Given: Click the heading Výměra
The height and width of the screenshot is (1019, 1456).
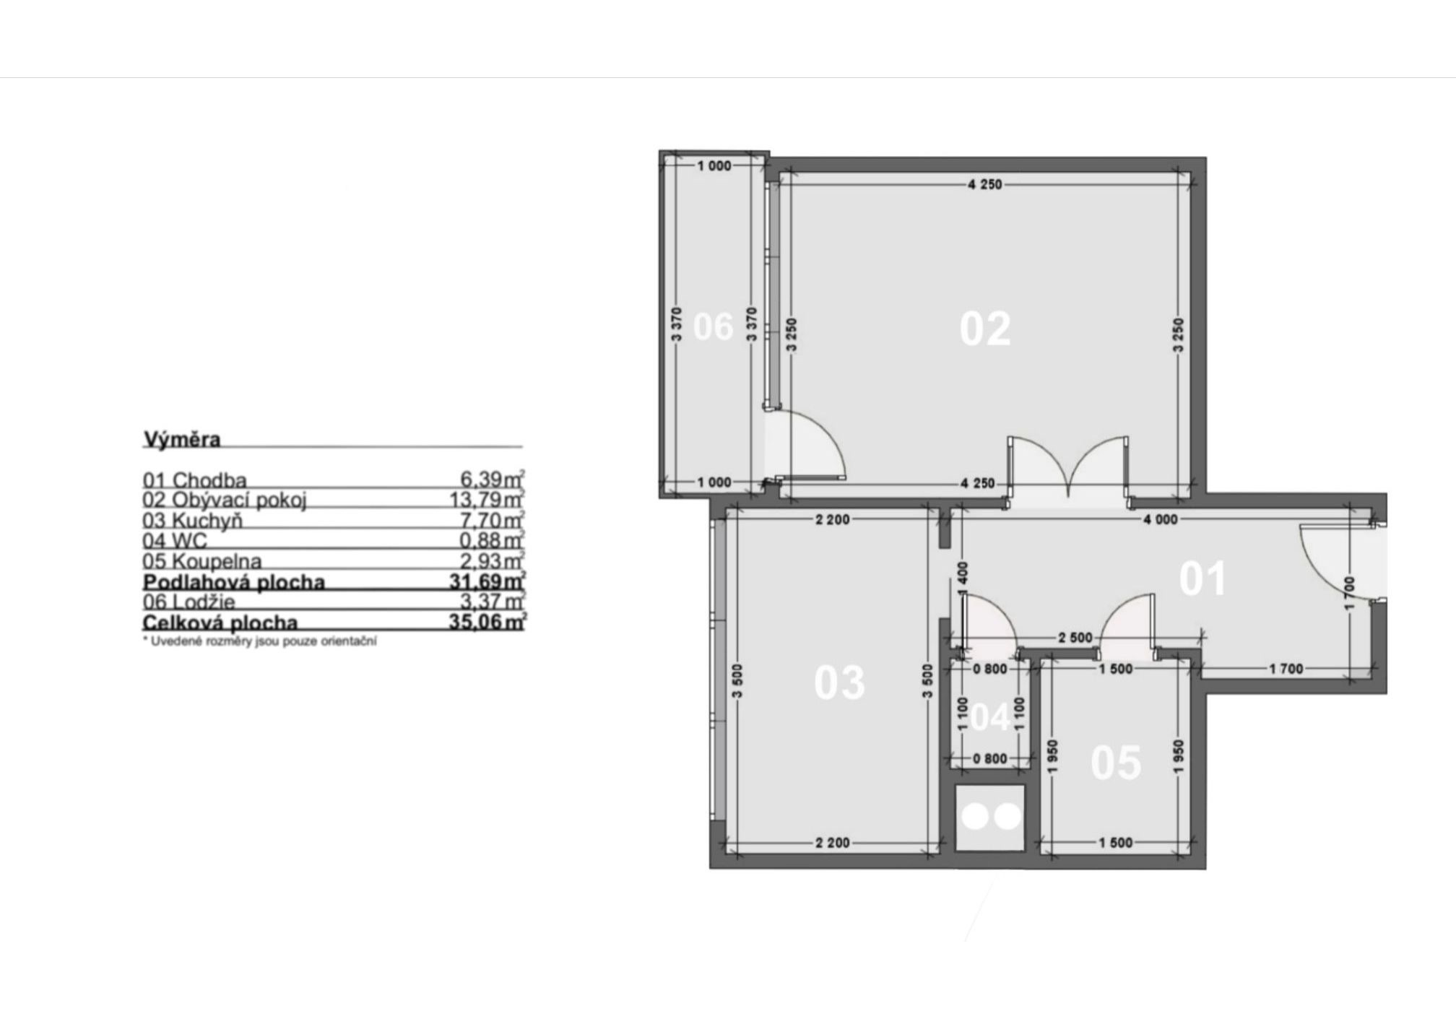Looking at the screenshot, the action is [182, 439].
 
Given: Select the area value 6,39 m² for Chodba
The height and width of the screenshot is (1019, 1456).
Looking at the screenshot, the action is [493, 479].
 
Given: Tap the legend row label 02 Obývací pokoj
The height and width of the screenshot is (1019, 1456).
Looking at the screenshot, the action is [225, 500].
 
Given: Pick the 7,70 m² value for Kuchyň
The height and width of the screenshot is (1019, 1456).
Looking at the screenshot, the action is [493, 520].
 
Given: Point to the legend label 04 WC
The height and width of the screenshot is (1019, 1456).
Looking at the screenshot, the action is [175, 540].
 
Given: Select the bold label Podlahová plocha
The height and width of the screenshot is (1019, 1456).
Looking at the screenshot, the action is [234, 581].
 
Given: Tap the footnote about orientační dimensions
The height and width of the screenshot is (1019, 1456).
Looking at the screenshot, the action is [260, 641].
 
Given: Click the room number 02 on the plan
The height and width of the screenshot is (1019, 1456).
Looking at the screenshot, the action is [985, 329].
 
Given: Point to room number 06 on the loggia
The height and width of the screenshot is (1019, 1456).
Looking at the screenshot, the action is [713, 326].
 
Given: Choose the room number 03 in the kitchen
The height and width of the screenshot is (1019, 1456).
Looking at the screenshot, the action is [839, 682].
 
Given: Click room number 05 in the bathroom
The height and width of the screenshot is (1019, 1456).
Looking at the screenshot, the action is [1116, 763].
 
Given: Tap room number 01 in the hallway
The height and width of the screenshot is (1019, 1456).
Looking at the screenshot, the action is [1202, 578].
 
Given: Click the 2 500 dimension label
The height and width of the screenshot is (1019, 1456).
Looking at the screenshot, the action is [1075, 638].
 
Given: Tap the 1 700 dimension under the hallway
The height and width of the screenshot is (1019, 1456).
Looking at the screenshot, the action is [1286, 669].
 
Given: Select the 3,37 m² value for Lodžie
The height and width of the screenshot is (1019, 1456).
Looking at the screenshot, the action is [493, 602].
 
